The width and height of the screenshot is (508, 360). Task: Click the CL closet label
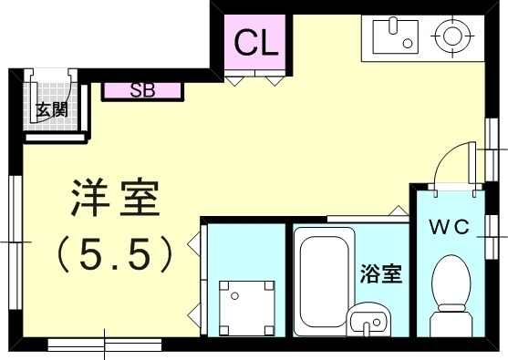[x=256, y=41]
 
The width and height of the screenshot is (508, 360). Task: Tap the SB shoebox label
[x=142, y=90]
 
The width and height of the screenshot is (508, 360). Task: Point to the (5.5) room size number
[x=114, y=254]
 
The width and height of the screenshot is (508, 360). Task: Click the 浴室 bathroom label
[x=381, y=272]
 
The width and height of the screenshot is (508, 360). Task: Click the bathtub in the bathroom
[x=321, y=278]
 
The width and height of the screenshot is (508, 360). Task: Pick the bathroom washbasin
[x=368, y=322]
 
